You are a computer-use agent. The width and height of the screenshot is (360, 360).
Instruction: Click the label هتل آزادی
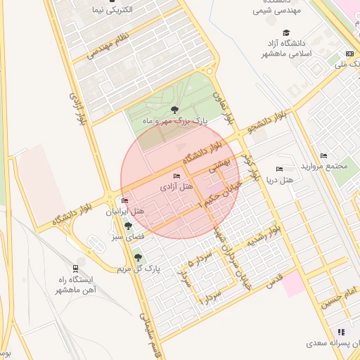point(176,187)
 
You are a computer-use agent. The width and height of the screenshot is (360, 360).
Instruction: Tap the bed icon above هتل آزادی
point(176,176)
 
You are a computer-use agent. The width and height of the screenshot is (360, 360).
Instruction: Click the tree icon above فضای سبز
point(128,226)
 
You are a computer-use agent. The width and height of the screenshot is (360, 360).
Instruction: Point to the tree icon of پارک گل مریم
point(138,257)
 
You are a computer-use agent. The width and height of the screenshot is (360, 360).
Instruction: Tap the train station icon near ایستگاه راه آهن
point(75,268)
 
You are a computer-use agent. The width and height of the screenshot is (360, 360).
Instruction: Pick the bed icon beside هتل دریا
point(280,169)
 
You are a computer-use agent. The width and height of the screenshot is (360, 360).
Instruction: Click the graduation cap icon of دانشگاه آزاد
point(285,32)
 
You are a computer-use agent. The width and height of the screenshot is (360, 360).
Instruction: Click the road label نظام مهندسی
point(107,45)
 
